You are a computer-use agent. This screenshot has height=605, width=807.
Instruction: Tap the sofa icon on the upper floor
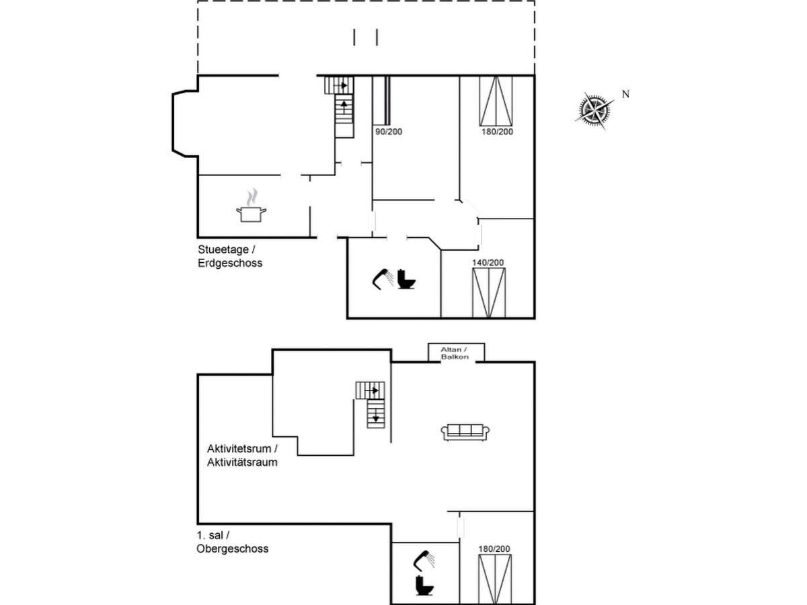(x=465, y=432)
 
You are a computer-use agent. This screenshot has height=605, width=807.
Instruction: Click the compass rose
(x=594, y=110)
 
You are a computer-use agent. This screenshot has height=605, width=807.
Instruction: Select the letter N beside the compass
(x=625, y=94)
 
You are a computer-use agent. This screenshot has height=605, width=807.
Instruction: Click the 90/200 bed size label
(x=389, y=132)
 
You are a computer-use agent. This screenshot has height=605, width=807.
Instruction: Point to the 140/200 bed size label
(x=488, y=263)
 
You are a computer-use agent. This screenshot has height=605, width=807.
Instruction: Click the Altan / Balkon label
(x=455, y=353)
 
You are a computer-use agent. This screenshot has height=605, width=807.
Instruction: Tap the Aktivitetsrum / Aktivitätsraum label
(x=242, y=456)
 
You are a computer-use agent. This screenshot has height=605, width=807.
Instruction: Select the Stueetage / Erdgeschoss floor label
(x=230, y=256)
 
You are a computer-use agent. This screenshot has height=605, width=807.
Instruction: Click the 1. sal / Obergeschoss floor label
(x=233, y=542)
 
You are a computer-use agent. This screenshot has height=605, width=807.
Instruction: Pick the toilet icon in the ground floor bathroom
(x=406, y=279)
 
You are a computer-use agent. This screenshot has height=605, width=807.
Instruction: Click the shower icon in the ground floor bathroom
(x=383, y=279)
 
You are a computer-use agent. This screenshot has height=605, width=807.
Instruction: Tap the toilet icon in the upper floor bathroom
(x=424, y=586)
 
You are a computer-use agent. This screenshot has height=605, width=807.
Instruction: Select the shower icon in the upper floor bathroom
(x=424, y=561)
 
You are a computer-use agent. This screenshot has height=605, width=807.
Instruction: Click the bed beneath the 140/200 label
(x=489, y=292)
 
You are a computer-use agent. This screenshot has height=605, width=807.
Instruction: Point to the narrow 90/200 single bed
(x=381, y=100)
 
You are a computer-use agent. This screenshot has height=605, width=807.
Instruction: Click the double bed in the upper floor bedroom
(x=495, y=579)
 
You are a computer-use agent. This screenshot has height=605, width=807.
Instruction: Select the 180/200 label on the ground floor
(x=497, y=132)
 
